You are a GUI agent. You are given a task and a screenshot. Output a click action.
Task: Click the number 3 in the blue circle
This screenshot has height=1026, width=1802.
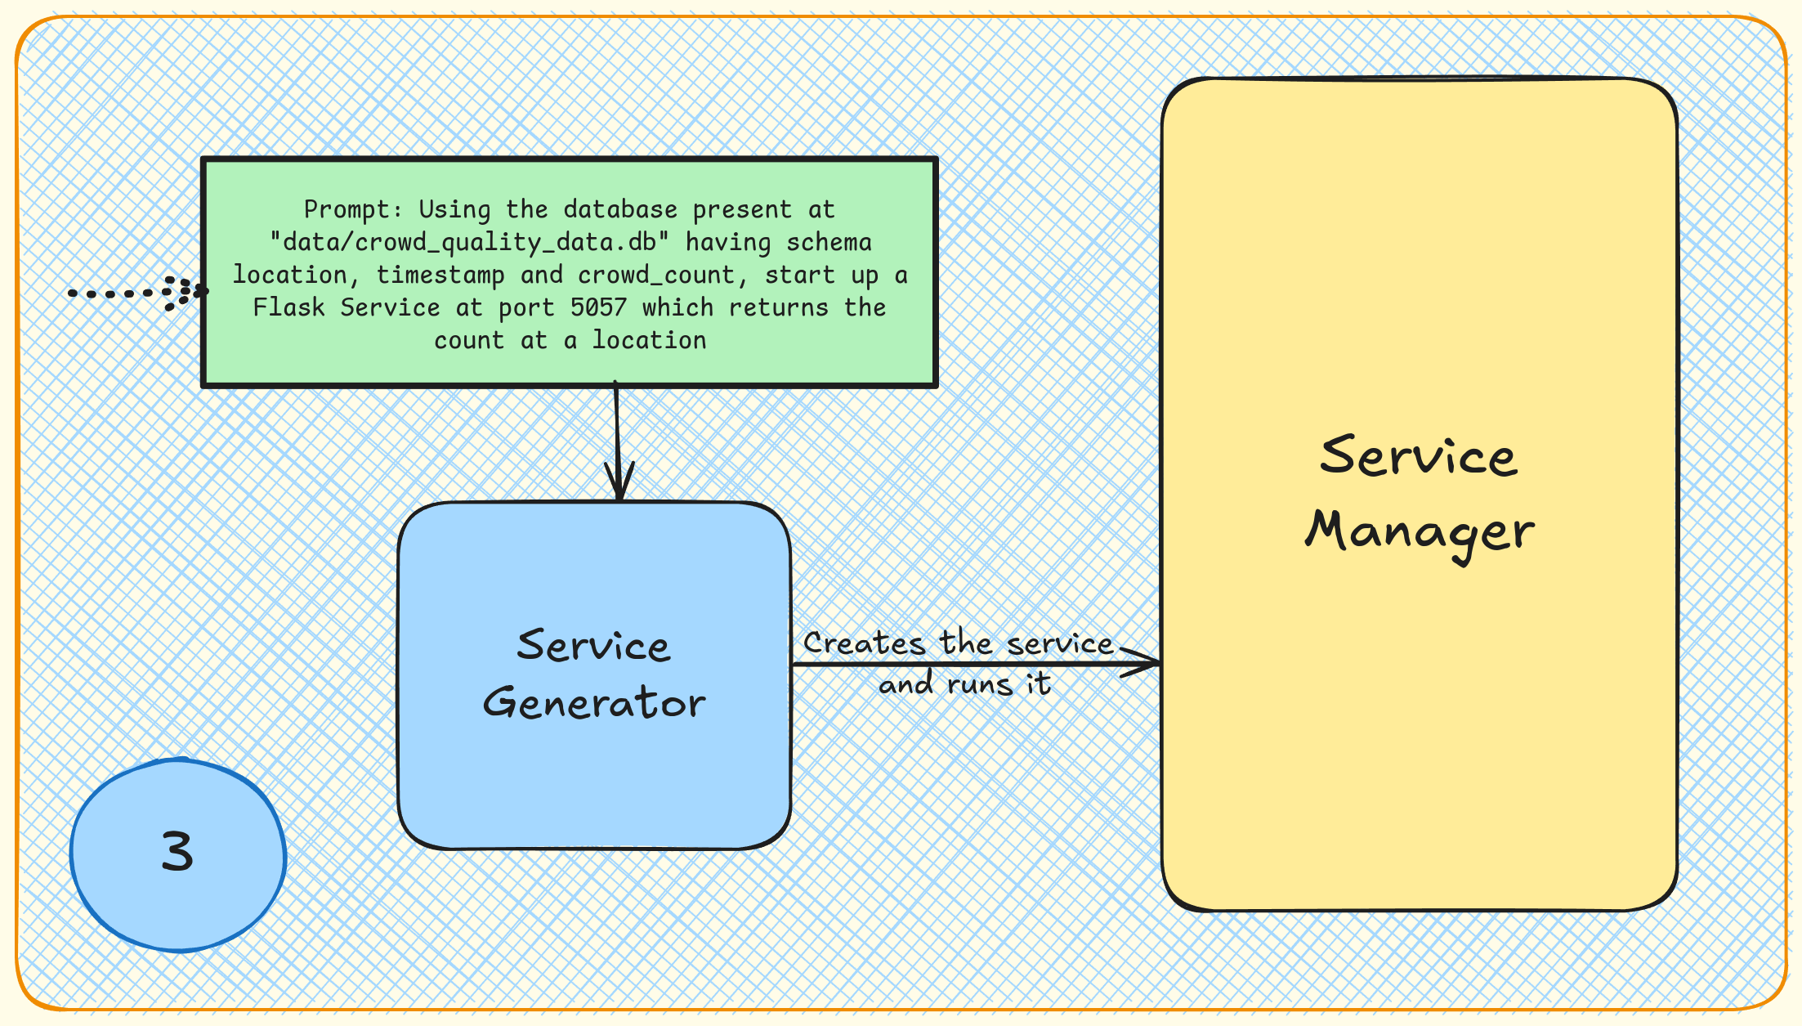click(177, 852)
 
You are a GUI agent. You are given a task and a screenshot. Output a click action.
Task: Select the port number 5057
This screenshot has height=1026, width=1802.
click(598, 308)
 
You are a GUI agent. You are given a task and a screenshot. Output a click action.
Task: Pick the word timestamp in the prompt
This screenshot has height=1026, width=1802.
click(440, 276)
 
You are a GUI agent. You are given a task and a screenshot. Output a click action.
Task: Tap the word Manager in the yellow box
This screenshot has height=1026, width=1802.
click(1420, 532)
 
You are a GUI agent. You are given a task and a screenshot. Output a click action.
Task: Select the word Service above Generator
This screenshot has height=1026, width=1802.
click(594, 647)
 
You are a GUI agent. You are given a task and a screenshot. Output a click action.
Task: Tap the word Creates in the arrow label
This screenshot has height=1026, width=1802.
click(865, 644)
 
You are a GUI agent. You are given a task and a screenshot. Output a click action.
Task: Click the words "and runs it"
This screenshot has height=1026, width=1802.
click(964, 684)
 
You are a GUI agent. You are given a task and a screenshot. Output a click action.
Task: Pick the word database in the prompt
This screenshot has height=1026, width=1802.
click(620, 210)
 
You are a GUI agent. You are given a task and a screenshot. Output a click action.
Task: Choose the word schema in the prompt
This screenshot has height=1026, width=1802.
click(829, 243)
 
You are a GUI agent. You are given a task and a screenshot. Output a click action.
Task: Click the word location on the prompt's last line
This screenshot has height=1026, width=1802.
click(650, 341)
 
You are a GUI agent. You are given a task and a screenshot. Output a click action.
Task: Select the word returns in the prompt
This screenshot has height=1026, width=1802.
click(778, 308)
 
